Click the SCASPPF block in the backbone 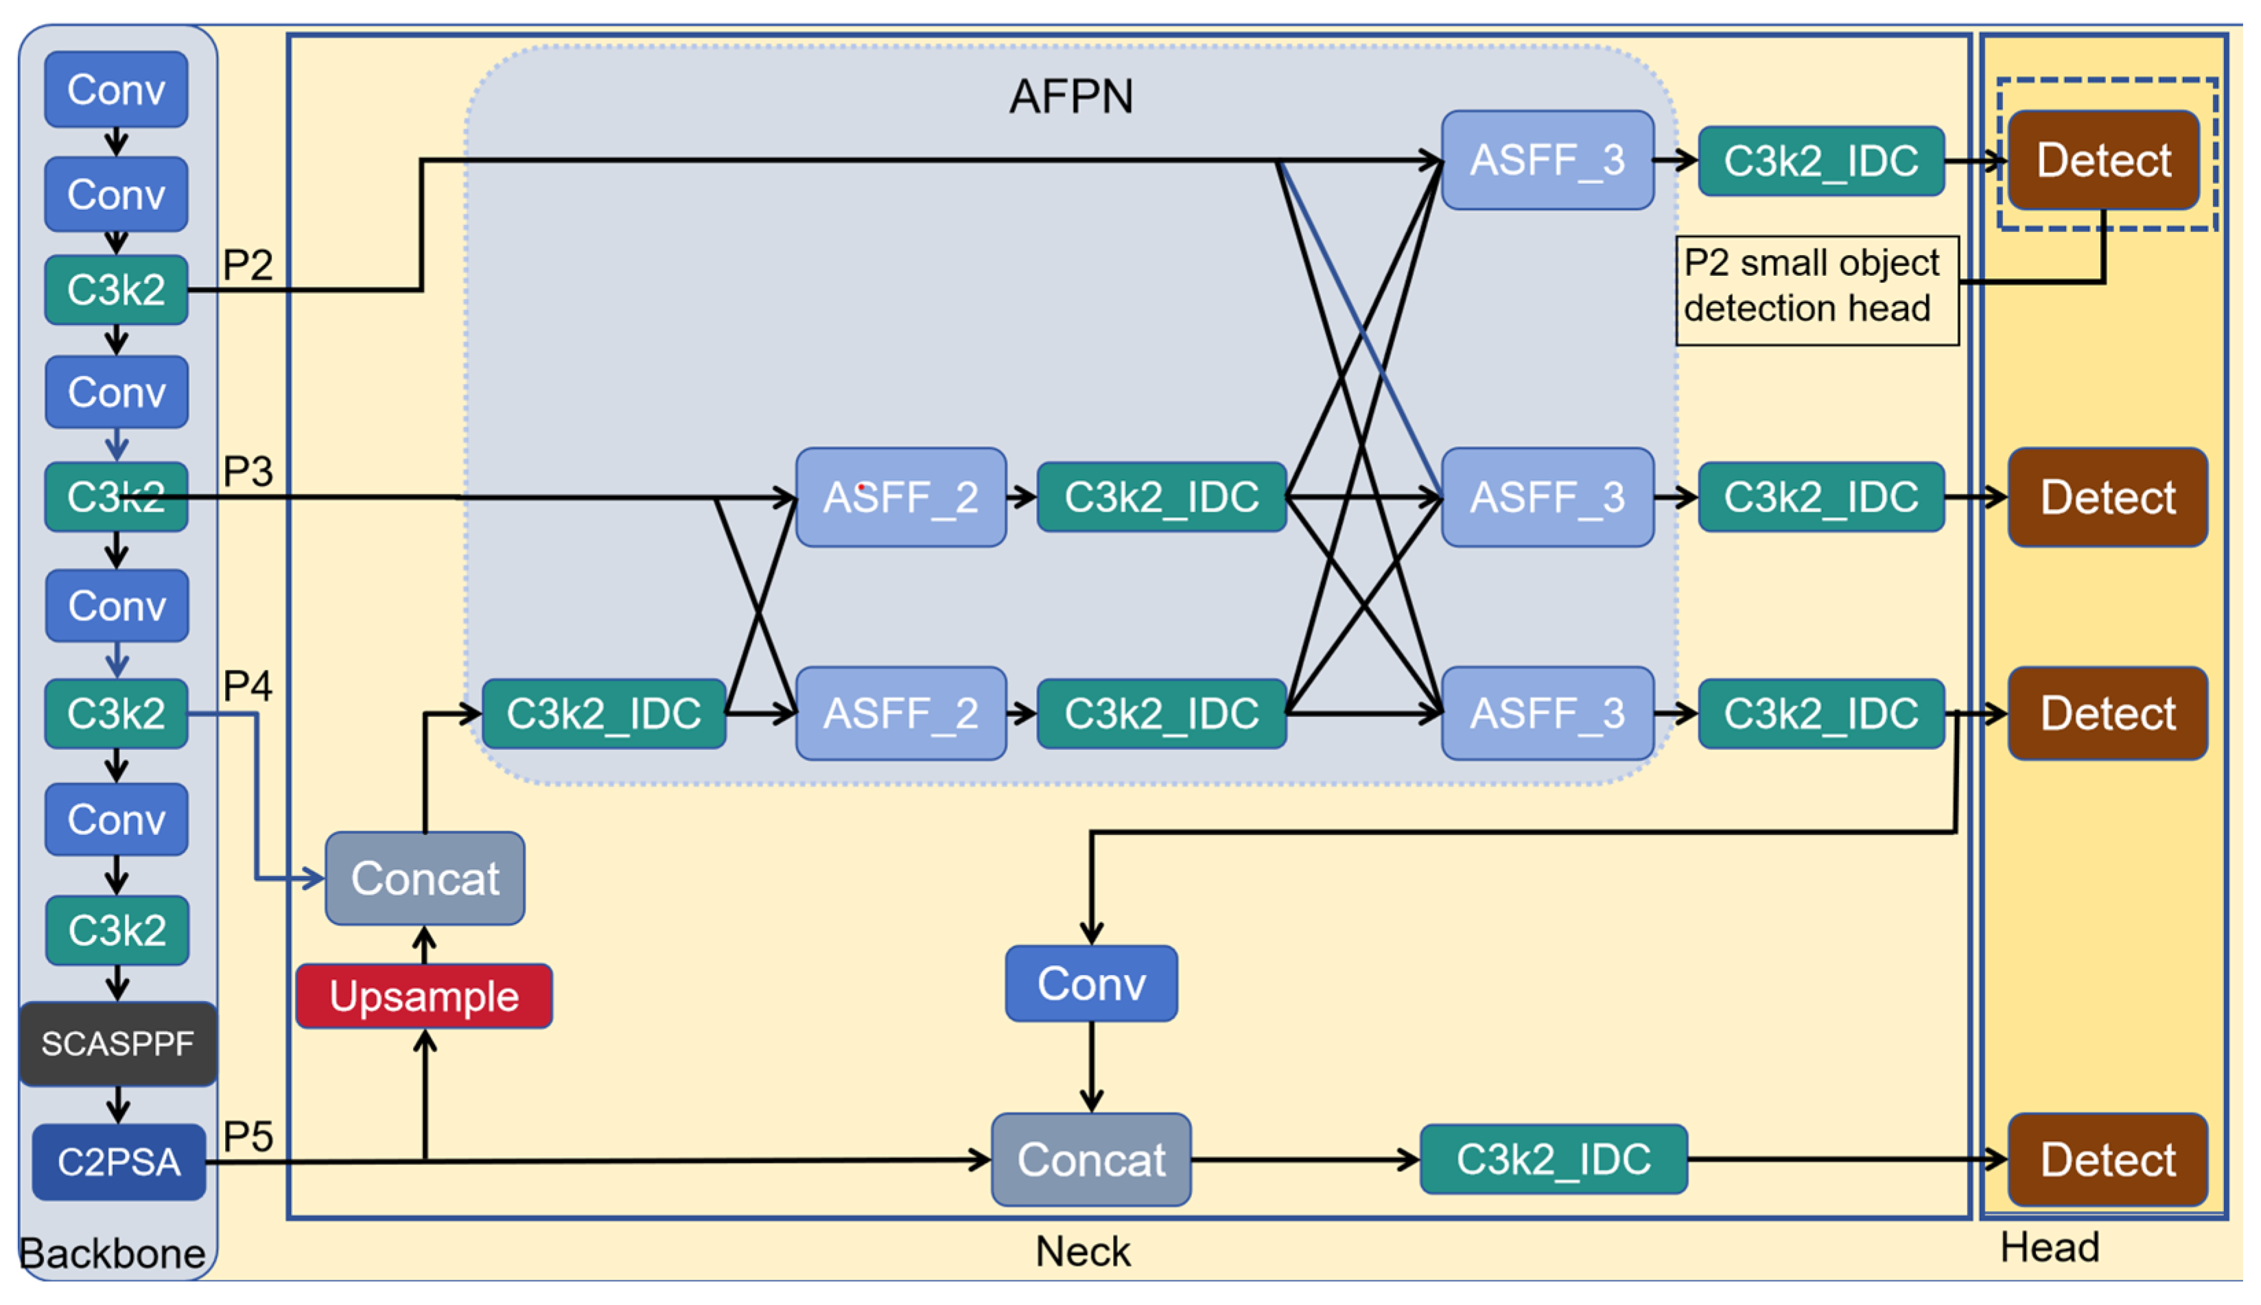117,1044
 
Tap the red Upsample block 424,996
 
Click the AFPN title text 1071,96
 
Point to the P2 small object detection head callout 1816,290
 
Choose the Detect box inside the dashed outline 2103,161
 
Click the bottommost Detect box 2107,1160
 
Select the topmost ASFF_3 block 1547,161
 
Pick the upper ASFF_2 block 901,497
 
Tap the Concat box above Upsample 425,878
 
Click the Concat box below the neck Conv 1090,1160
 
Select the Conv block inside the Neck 1090,983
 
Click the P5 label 247,1136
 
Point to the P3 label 247,471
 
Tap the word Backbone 112,1253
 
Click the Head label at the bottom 2050,1247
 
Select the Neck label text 1083,1251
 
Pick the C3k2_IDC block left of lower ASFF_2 603,714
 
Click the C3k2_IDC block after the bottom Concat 1553,1160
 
